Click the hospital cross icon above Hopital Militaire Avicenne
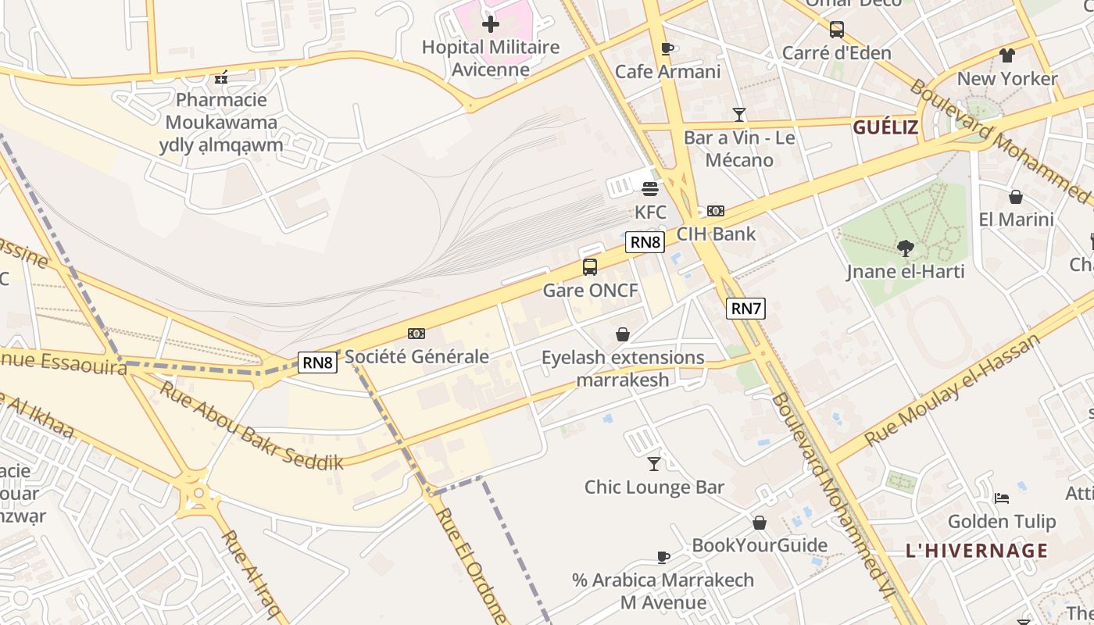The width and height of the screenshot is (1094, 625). pos(490,24)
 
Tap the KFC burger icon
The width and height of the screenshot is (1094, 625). pos(650,188)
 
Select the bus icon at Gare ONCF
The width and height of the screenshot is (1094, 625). pos(590,267)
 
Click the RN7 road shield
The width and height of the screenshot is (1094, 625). pos(745,309)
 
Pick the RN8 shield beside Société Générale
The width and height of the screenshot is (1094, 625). pos(318,362)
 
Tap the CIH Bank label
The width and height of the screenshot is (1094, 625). pos(716,234)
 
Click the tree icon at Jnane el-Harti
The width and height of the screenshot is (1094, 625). pos(906,248)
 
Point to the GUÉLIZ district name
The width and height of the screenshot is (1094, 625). pos(885,127)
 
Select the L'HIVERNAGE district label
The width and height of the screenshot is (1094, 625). pos(977,551)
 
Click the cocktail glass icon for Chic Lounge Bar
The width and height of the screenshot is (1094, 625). pos(654,464)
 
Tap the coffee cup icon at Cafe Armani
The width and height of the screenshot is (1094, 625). pos(667,49)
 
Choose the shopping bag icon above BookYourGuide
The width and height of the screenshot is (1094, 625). pos(760,523)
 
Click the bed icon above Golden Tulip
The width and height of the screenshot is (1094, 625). pos(1002,498)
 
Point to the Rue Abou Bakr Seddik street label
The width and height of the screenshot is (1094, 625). pos(252,425)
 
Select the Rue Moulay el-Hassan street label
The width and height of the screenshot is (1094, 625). pos(953,391)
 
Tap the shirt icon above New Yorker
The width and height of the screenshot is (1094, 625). pos(1006,55)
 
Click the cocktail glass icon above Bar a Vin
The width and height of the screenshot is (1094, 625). pos(739,115)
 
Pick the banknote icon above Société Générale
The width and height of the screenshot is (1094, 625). pos(417,334)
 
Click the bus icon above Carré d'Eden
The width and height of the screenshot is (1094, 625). pos(837,30)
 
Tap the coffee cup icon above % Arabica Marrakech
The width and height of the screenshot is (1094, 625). pos(663,557)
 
